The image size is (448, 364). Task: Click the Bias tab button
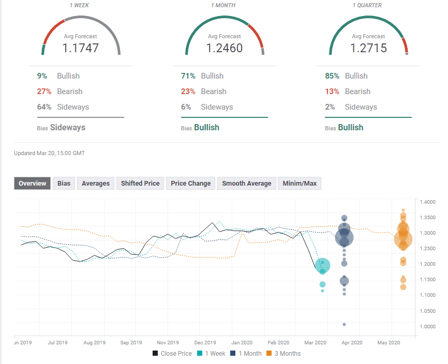(64, 183)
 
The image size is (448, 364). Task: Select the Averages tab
(96, 183)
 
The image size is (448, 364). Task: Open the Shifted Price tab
(140, 183)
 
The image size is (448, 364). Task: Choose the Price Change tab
(191, 183)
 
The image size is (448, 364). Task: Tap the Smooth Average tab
(247, 183)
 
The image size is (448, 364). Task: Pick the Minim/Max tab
(300, 183)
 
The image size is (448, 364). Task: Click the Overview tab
(32, 183)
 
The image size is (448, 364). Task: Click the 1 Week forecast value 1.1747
(81, 49)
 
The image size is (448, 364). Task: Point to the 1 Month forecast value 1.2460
(225, 49)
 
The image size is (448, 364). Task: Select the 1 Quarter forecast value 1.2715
(369, 49)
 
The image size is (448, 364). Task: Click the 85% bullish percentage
(332, 76)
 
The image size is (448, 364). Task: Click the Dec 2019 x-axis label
(205, 342)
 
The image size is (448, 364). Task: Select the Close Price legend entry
(173, 354)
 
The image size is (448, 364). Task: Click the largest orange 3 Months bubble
(403, 238)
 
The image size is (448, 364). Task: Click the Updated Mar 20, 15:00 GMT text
(50, 153)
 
